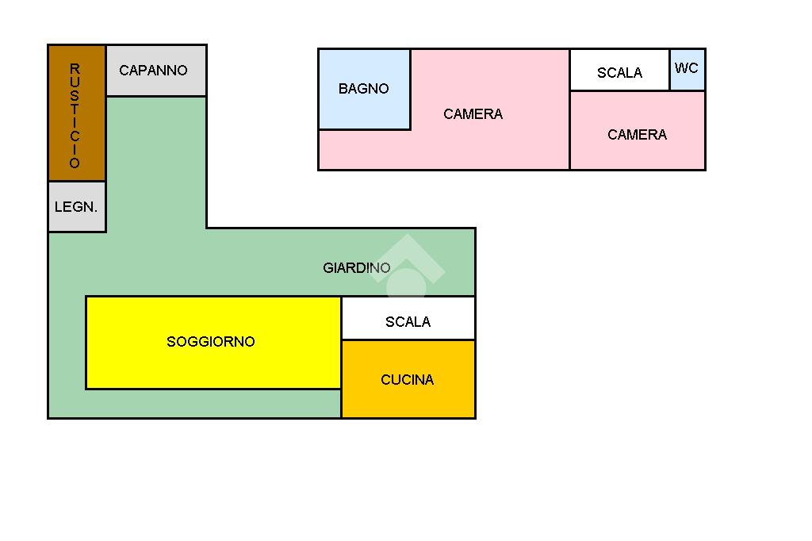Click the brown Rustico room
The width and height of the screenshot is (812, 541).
77,113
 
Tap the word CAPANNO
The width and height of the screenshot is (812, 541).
153,71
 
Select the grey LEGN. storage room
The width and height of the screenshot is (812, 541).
77,207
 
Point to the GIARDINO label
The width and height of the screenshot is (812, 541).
356,268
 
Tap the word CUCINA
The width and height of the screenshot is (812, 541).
408,380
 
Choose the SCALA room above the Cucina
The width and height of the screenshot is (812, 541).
408,318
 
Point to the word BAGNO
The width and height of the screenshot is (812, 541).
364,89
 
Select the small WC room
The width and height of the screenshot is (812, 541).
687,69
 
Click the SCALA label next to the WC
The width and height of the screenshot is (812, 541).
619,73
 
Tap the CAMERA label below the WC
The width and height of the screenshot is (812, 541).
637,135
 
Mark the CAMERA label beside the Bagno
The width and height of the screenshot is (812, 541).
473,114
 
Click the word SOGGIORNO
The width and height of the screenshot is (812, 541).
211,342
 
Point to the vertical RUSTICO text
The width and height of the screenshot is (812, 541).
75,116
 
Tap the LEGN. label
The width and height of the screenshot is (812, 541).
76,208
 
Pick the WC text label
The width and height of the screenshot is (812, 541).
687,68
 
